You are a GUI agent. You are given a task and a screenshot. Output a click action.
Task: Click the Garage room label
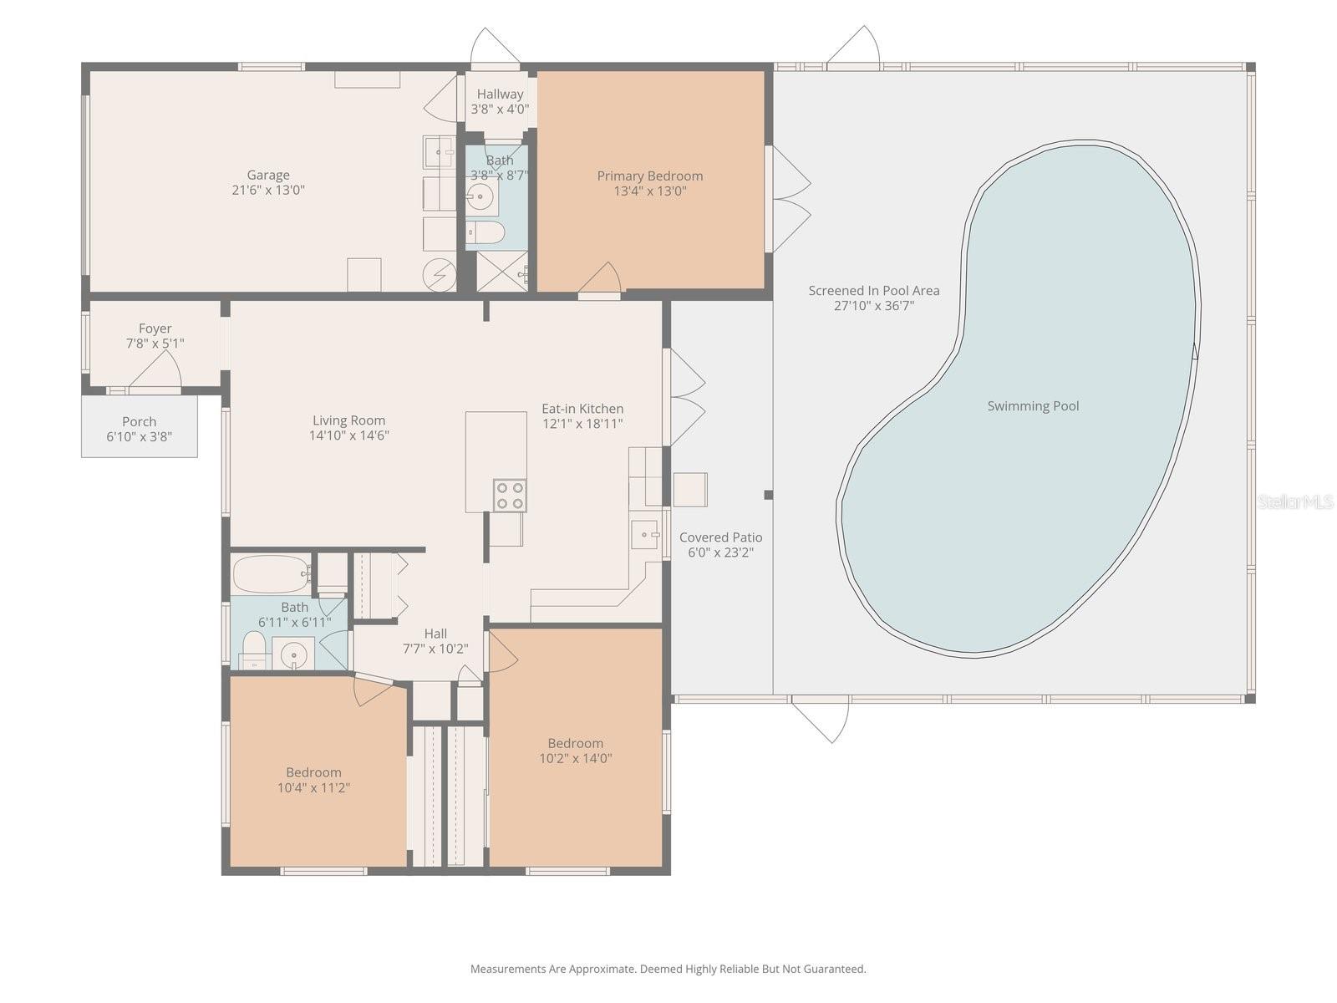coord(268,175)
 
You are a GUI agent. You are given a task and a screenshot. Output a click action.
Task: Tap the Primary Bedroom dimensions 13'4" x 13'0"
coord(649,191)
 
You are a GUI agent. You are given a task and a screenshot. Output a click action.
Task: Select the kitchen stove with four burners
coord(510,495)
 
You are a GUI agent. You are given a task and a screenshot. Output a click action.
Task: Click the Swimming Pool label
coord(1033,406)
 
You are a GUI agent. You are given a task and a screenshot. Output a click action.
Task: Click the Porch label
coord(139,421)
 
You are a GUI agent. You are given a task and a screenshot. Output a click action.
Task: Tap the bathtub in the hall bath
coord(271,573)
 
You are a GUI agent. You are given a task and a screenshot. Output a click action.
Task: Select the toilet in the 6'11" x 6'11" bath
coord(252,648)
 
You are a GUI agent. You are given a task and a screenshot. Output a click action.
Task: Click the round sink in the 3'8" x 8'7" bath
coord(480,198)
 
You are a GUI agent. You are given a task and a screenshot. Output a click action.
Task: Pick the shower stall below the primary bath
coord(501,272)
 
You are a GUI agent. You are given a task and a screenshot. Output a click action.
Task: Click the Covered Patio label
coord(720,537)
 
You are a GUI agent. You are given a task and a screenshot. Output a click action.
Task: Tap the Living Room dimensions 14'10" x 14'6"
coord(348,435)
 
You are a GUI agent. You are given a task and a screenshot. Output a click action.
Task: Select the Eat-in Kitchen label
coord(582,409)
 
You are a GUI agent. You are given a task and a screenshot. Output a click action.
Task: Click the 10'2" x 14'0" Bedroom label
coord(575,743)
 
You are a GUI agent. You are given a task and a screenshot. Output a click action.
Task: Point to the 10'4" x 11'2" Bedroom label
coord(313,772)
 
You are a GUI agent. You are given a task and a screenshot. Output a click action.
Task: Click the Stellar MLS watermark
coord(1294,501)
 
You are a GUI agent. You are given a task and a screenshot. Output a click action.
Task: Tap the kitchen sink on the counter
coord(644,533)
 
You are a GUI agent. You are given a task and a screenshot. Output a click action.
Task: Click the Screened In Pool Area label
coord(873,291)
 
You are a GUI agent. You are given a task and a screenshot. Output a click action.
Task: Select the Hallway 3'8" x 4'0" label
coord(500,94)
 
